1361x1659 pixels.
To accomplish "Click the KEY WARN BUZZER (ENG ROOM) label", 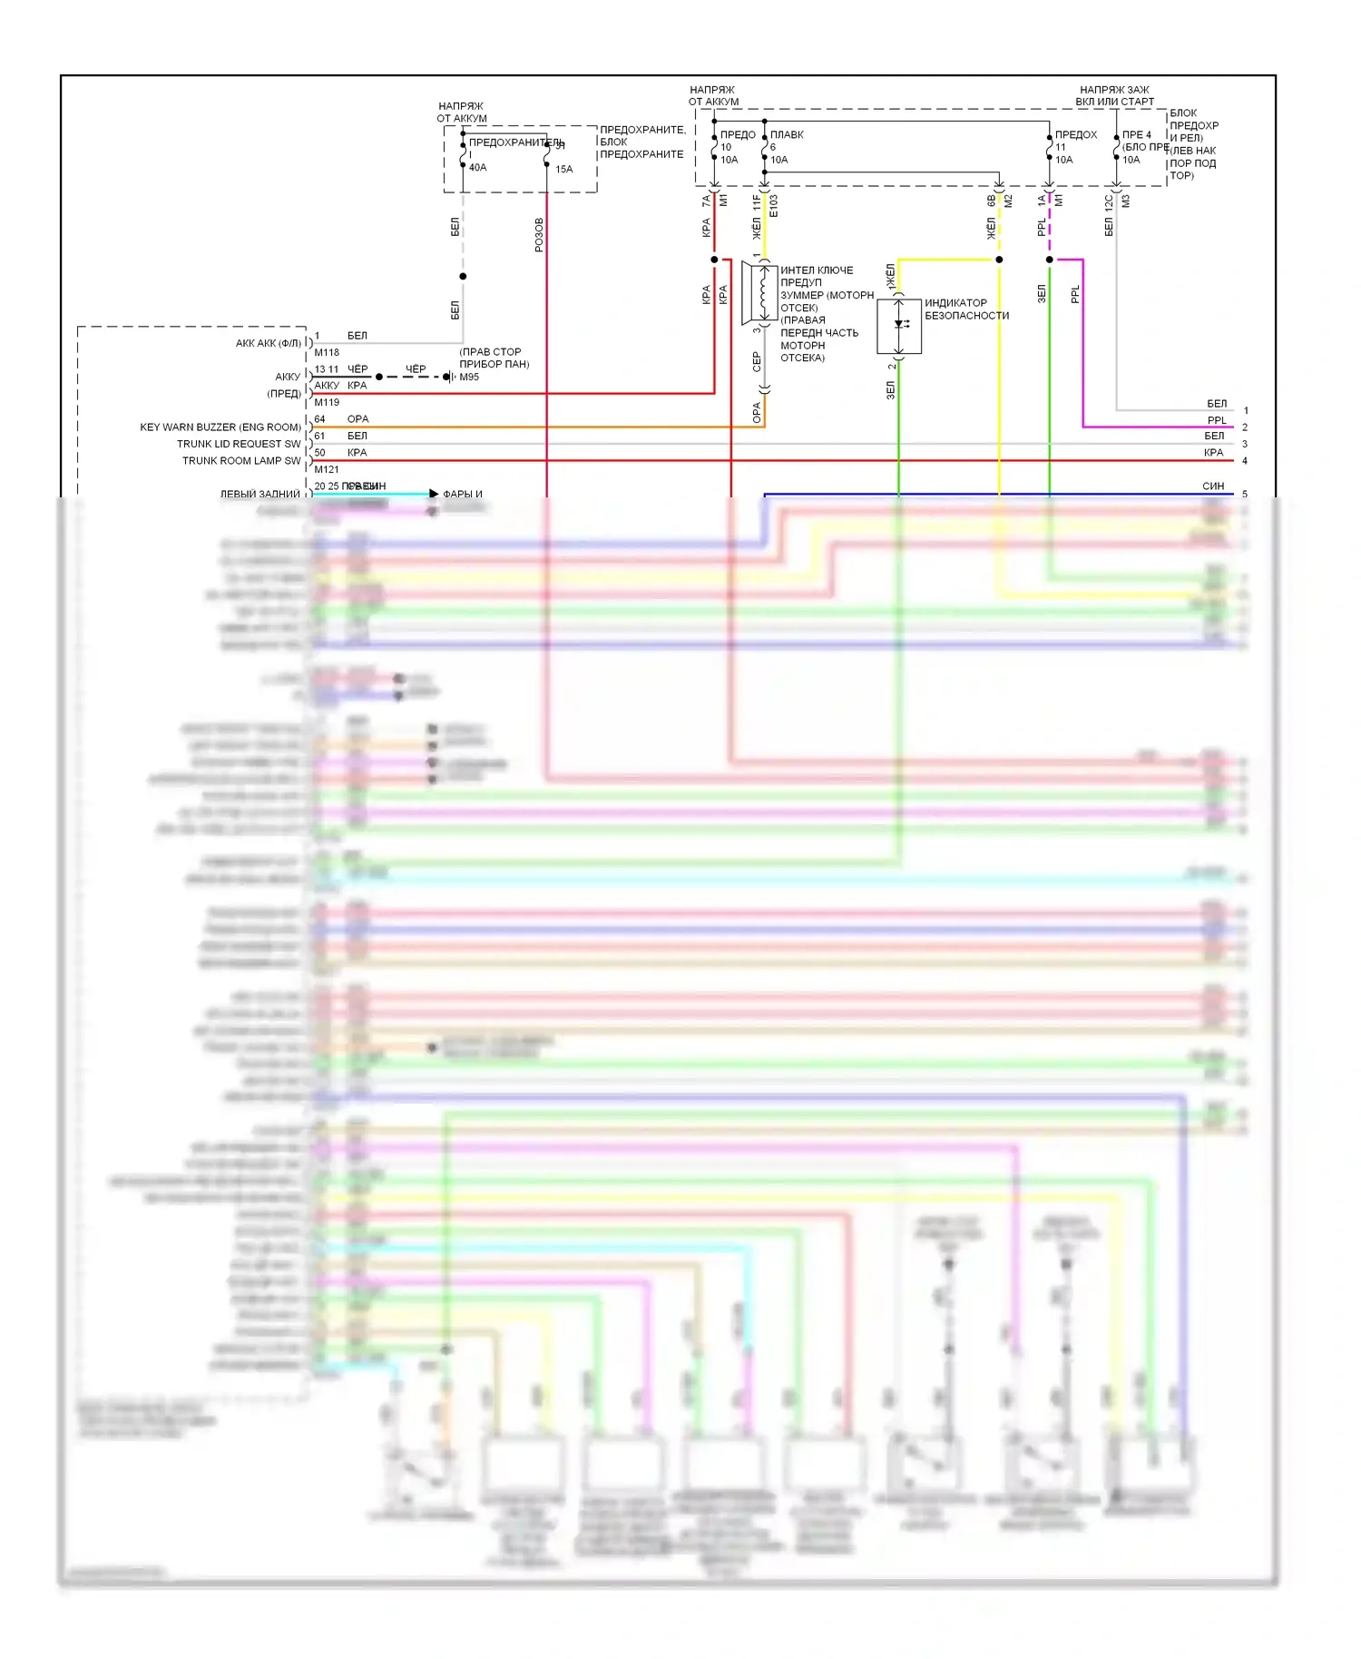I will (220, 427).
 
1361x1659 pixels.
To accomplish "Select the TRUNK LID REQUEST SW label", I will (239, 444).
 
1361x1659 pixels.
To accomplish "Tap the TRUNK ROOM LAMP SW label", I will (241, 461).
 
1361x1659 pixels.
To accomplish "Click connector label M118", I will (327, 352).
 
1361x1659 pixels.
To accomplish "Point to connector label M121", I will (327, 469).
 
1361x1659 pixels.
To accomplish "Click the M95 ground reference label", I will (469, 377).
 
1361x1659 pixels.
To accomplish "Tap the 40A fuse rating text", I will (478, 168).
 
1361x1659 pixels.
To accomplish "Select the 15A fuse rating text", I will (564, 169).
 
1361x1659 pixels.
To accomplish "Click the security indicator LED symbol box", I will (899, 326).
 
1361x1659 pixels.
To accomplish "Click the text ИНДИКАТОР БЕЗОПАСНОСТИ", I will (966, 309).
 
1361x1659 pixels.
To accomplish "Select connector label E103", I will (773, 207).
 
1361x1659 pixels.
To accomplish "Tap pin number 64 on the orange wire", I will (319, 419).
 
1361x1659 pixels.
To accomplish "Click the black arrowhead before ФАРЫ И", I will (434, 494).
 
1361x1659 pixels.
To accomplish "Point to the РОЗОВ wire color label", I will (539, 234).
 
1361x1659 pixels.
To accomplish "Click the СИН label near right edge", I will (1213, 486).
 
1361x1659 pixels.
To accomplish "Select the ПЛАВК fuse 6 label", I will (787, 134).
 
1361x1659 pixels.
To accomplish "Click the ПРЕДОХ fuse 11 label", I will (1076, 134).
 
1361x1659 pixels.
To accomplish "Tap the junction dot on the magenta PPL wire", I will (1050, 260).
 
